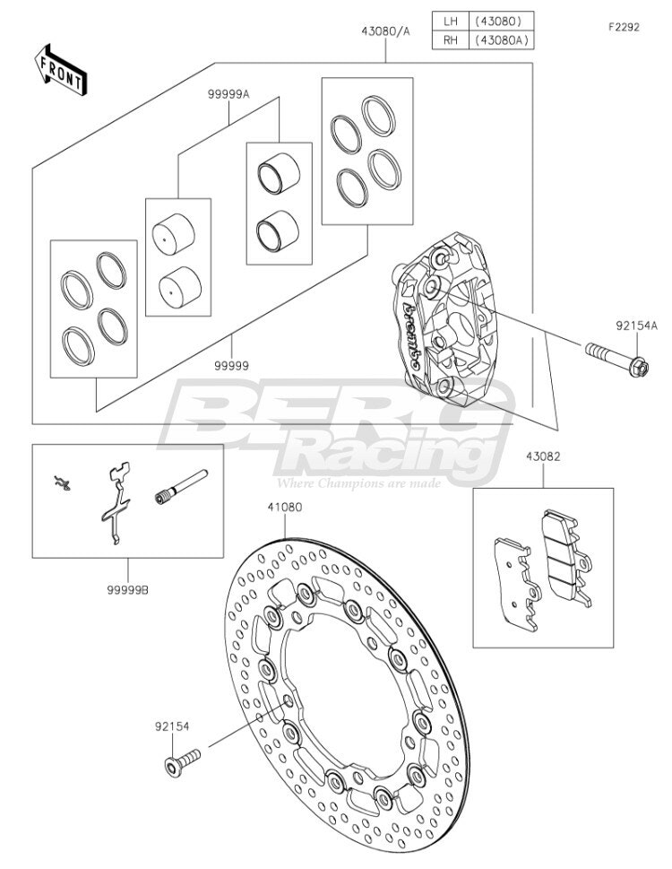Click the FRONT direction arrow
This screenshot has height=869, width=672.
pyautogui.click(x=60, y=70)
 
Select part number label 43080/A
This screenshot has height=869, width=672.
pyautogui.click(x=386, y=31)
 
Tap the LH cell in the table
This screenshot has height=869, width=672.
pyautogui.click(x=451, y=22)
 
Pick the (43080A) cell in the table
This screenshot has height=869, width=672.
pyautogui.click(x=501, y=40)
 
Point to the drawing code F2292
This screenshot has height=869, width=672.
pyautogui.click(x=624, y=27)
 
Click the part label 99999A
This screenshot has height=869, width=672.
pyautogui.click(x=228, y=95)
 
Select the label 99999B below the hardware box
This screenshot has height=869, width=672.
pyautogui.click(x=128, y=590)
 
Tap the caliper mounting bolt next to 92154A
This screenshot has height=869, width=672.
pyautogui.click(x=616, y=359)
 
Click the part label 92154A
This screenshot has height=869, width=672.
pyautogui.click(x=636, y=326)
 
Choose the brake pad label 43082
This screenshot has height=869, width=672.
pyautogui.click(x=543, y=456)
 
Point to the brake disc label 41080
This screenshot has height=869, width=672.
pyautogui.click(x=285, y=507)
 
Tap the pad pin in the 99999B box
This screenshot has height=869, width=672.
pyautogui.click(x=181, y=487)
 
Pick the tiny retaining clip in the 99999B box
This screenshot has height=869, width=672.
pyautogui.click(x=63, y=483)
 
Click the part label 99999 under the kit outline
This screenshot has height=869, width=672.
pyautogui.click(x=232, y=366)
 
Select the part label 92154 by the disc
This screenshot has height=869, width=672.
pyautogui.click(x=172, y=726)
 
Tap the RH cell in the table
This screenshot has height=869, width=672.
pyautogui.click(x=451, y=40)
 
